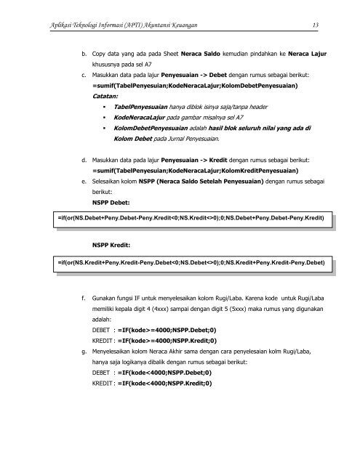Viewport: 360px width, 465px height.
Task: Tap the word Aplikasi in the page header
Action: pyautogui.click(x=36, y=26)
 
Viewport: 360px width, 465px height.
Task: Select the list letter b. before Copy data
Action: pyautogui.click(x=84, y=52)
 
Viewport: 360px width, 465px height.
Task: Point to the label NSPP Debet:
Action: pyautogui.click(x=113, y=201)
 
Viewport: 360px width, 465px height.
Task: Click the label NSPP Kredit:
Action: pyautogui.click(x=113, y=246)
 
